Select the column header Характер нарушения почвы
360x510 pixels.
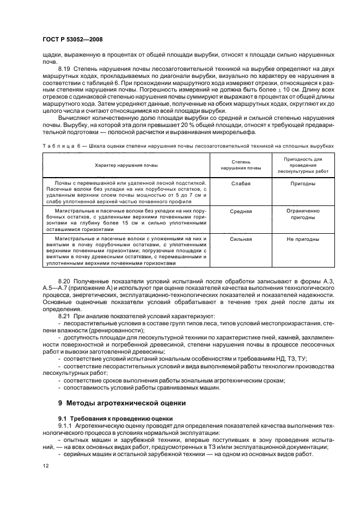126,165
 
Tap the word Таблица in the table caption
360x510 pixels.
56,147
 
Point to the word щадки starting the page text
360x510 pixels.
52,55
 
